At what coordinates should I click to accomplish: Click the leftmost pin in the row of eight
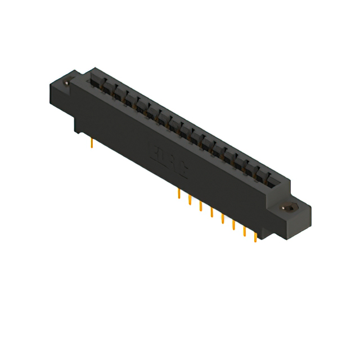[x=179, y=193]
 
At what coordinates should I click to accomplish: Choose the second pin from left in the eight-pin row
[x=190, y=200]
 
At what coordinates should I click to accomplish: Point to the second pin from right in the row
[x=244, y=231]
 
